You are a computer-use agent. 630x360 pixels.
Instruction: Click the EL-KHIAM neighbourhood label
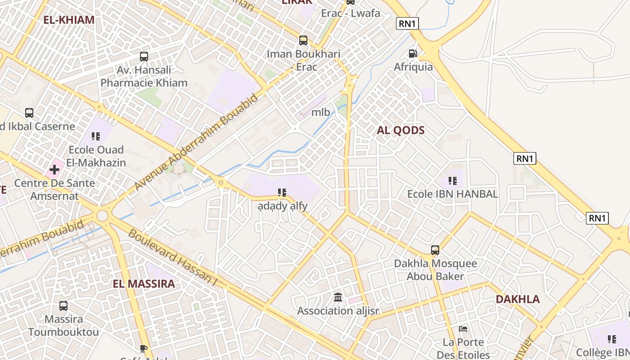click(69, 20)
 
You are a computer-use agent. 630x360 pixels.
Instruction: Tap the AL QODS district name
click(400, 130)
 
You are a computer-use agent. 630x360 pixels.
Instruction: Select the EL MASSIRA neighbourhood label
click(144, 284)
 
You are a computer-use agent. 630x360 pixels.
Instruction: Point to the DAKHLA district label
click(517, 299)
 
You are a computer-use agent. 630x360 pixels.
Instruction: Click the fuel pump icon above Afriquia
click(413, 53)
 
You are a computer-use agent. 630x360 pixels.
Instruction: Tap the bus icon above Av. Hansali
click(144, 57)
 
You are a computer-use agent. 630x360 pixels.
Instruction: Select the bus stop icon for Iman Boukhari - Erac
click(303, 40)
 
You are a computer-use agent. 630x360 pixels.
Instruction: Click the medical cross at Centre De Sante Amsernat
click(54, 170)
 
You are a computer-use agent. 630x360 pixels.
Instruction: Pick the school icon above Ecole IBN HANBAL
click(452, 181)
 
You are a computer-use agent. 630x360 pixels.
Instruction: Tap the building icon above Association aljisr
click(338, 297)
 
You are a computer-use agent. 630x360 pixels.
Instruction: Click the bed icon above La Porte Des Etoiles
click(463, 329)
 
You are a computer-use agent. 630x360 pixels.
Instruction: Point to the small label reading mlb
click(321, 112)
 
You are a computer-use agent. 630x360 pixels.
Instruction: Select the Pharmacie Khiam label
click(144, 83)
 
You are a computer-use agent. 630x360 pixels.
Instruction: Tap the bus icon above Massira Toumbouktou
click(63, 306)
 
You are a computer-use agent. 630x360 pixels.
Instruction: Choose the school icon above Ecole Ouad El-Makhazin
click(95, 136)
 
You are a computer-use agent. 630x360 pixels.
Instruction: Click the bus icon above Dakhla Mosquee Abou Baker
click(435, 250)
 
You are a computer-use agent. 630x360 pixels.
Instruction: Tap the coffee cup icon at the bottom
click(143, 348)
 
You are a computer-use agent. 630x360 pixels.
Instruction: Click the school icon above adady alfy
click(282, 193)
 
